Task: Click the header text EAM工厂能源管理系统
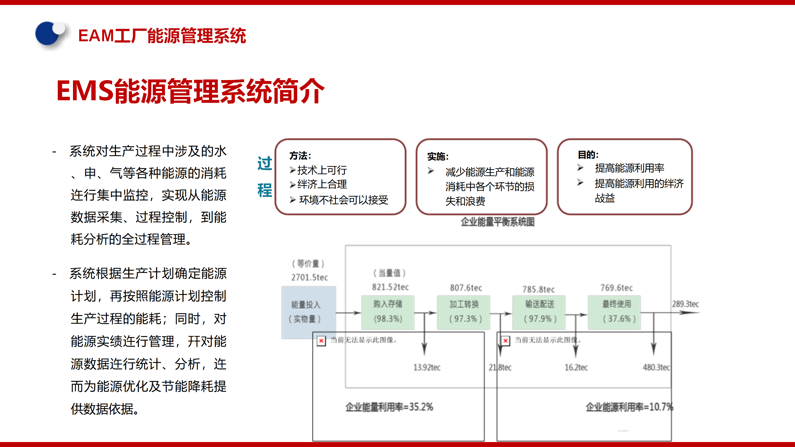[162, 36]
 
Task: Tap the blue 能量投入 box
[308, 312]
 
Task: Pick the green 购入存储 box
[388, 312]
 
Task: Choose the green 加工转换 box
[464, 312]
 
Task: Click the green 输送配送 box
[539, 312]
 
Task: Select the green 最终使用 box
[614, 312]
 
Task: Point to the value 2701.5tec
[309, 277]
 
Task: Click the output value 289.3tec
[685, 304]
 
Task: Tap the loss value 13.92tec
[427, 368]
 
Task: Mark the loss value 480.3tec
[656, 368]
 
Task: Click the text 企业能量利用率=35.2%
[389, 407]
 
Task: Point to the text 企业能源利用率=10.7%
[629, 407]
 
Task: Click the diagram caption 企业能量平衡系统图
[497, 222]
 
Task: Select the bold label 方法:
[300, 156]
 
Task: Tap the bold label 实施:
[438, 156]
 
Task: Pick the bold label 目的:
[588, 155]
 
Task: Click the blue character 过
[265, 163]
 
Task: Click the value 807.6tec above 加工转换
[466, 288]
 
